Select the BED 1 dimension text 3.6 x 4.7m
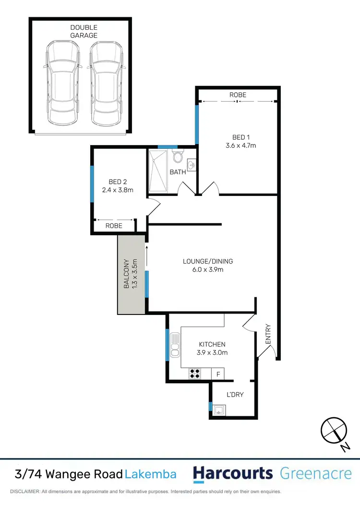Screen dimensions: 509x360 point(238,145)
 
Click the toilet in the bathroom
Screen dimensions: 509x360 point(178,157)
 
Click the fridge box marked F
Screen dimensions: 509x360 point(218,373)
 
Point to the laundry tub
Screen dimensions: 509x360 point(219,410)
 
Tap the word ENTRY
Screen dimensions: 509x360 point(268,335)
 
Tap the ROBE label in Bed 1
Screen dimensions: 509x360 point(238,95)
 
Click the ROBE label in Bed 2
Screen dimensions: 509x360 point(114,226)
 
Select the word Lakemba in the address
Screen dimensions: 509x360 point(151,474)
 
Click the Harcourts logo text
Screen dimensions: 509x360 point(233,474)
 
